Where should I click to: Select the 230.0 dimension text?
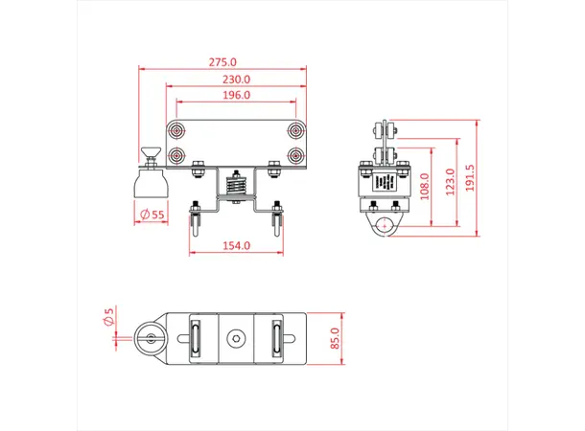[x=236, y=79]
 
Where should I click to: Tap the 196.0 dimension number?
[x=236, y=95]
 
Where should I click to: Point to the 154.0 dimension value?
[x=236, y=246]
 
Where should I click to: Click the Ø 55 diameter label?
[x=152, y=215]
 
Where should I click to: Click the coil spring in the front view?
[x=236, y=182]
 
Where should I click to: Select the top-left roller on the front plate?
[x=176, y=131]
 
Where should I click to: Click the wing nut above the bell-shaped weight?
[x=150, y=151]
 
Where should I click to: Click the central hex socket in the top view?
[x=235, y=338]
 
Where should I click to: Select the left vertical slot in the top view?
[x=194, y=338]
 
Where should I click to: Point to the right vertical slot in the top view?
[x=277, y=338]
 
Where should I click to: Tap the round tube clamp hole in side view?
[x=384, y=228]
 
